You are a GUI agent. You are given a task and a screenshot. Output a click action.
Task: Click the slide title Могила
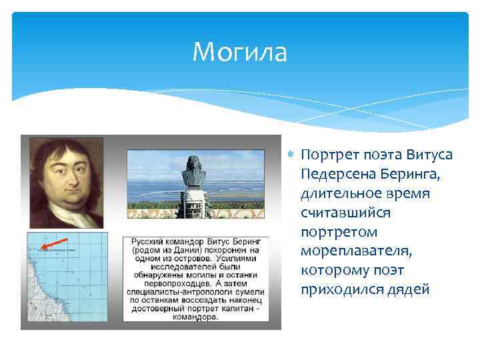pos(239,52)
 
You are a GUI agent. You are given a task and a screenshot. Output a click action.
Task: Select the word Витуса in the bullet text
pos(430,155)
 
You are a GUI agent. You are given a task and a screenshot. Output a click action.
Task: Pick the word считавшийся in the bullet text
pos(345,213)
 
